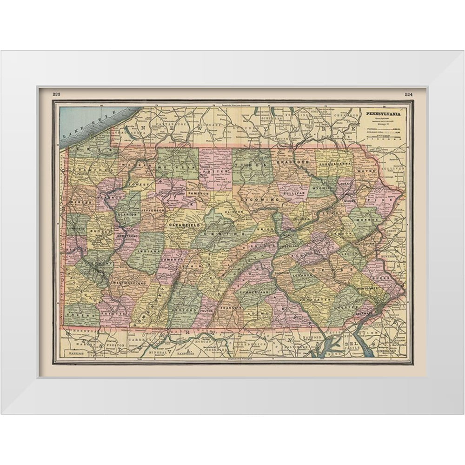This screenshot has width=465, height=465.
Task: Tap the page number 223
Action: tap(57, 94)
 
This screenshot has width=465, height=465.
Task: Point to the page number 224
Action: tap(408, 94)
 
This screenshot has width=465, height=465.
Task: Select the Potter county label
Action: tap(216, 171)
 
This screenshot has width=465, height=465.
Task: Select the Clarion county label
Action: tap(128, 215)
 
